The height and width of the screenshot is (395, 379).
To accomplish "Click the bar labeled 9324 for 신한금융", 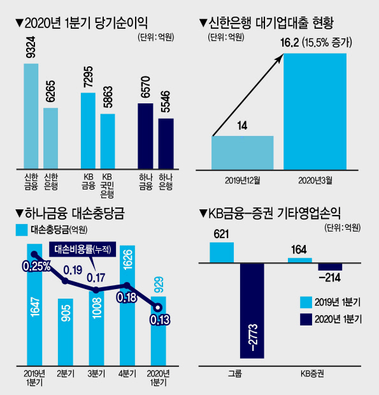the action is [x=31, y=116].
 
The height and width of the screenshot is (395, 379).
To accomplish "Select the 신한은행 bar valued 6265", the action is [x=50, y=138].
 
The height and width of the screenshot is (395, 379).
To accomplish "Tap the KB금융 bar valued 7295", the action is [x=88, y=131].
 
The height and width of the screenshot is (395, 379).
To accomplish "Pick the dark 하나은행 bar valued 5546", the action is [x=166, y=144].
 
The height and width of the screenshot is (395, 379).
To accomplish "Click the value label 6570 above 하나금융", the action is [x=145, y=87].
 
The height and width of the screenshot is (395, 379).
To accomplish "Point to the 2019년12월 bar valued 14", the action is [x=243, y=153].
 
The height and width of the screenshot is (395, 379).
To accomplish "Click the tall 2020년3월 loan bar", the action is [x=315, y=112].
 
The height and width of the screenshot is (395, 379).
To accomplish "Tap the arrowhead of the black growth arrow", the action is [x=280, y=57].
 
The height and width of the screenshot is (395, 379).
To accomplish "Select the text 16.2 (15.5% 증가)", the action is [x=316, y=43].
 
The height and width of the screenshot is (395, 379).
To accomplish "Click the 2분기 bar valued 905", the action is [x=66, y=332].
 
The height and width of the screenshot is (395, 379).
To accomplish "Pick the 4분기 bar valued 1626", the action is [x=127, y=306].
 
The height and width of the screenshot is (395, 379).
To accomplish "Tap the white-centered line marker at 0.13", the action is [x=158, y=308].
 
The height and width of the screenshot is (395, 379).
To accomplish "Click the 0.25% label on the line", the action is [x=37, y=266].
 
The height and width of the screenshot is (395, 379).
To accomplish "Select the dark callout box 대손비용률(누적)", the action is [x=83, y=250].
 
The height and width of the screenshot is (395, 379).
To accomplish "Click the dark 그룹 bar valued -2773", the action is [x=252, y=311].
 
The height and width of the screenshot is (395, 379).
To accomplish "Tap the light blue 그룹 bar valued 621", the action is [x=222, y=253].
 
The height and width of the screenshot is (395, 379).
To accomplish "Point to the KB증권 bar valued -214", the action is [x=330, y=267].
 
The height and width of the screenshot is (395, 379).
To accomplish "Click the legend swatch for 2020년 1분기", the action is [x=306, y=320].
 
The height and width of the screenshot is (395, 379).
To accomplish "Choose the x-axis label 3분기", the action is [x=96, y=373].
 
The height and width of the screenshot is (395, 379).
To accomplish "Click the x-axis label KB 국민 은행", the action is [x=108, y=186].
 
